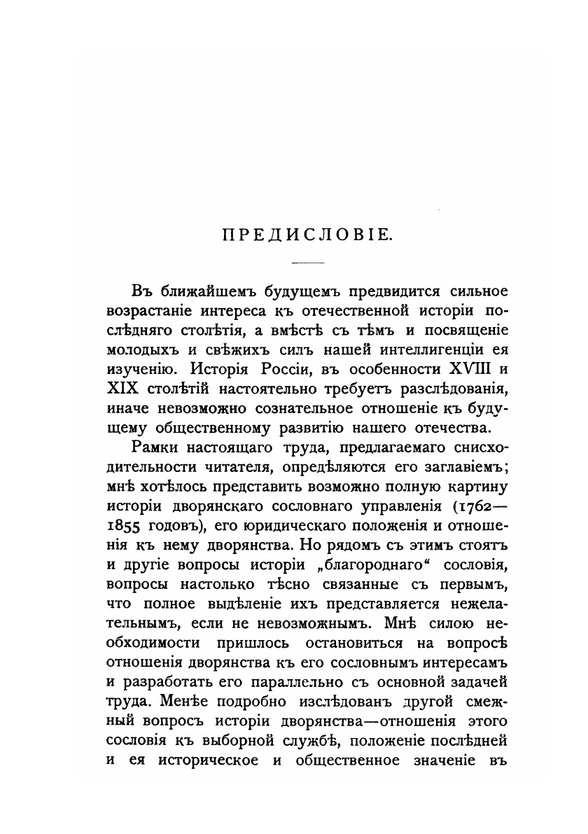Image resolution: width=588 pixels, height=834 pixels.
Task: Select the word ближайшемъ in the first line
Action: click(x=199, y=290)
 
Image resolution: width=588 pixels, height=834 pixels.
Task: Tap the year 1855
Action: click(x=126, y=524)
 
